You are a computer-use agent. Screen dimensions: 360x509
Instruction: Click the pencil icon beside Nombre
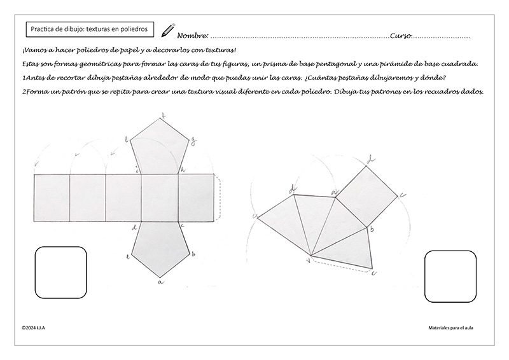tap(168, 30)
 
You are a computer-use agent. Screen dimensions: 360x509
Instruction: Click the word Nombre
tap(192, 36)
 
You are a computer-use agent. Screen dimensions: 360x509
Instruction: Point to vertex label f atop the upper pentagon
tap(164, 116)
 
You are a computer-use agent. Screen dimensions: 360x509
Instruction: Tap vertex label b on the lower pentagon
tap(193, 254)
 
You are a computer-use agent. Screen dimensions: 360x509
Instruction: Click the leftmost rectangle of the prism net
tap(51, 197)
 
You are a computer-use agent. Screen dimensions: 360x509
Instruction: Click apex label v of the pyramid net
tap(309, 259)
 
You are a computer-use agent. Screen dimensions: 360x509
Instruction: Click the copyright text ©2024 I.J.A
tap(35, 328)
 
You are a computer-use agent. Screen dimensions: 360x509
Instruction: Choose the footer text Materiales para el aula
tap(452, 328)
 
